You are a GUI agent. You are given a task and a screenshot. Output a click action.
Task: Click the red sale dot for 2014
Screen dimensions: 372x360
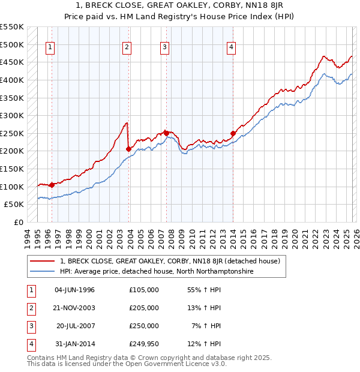coord(232,133)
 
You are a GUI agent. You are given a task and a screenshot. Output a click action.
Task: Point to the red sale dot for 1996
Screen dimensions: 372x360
coord(52,185)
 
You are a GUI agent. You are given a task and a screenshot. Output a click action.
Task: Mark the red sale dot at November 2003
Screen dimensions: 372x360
coord(128,149)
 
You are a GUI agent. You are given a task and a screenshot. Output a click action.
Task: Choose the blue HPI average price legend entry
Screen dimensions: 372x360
coord(157,272)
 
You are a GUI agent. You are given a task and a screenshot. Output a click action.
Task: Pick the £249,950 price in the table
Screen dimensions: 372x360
coord(143,344)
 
